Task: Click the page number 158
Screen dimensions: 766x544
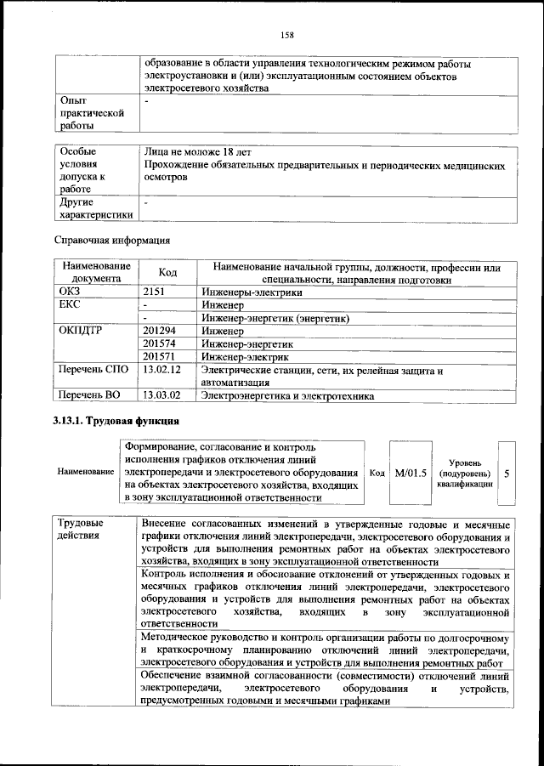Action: [x=287, y=35]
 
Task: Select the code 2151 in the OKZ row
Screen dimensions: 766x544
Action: [x=156, y=291]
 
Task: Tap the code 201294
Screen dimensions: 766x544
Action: [x=161, y=331]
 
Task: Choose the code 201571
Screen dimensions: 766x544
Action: [x=161, y=357]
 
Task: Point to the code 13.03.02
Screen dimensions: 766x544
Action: [x=163, y=395]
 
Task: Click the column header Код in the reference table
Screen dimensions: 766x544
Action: [x=167, y=272]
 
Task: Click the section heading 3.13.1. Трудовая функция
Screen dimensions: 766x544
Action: [x=115, y=422]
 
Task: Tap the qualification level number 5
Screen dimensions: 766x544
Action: [x=507, y=472]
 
